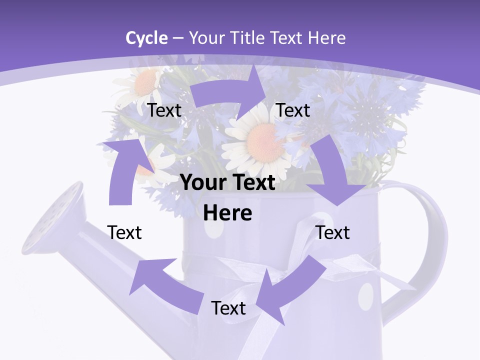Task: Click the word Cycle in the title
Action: (x=146, y=38)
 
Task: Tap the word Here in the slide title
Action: (x=327, y=38)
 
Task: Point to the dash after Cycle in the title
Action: (x=178, y=38)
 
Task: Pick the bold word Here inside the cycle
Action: (x=227, y=213)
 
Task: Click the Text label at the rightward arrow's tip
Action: (x=293, y=110)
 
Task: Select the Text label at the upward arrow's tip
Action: (x=164, y=110)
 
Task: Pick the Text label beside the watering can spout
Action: (x=124, y=232)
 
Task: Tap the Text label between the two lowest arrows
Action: (x=228, y=308)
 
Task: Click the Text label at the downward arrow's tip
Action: (x=333, y=232)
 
